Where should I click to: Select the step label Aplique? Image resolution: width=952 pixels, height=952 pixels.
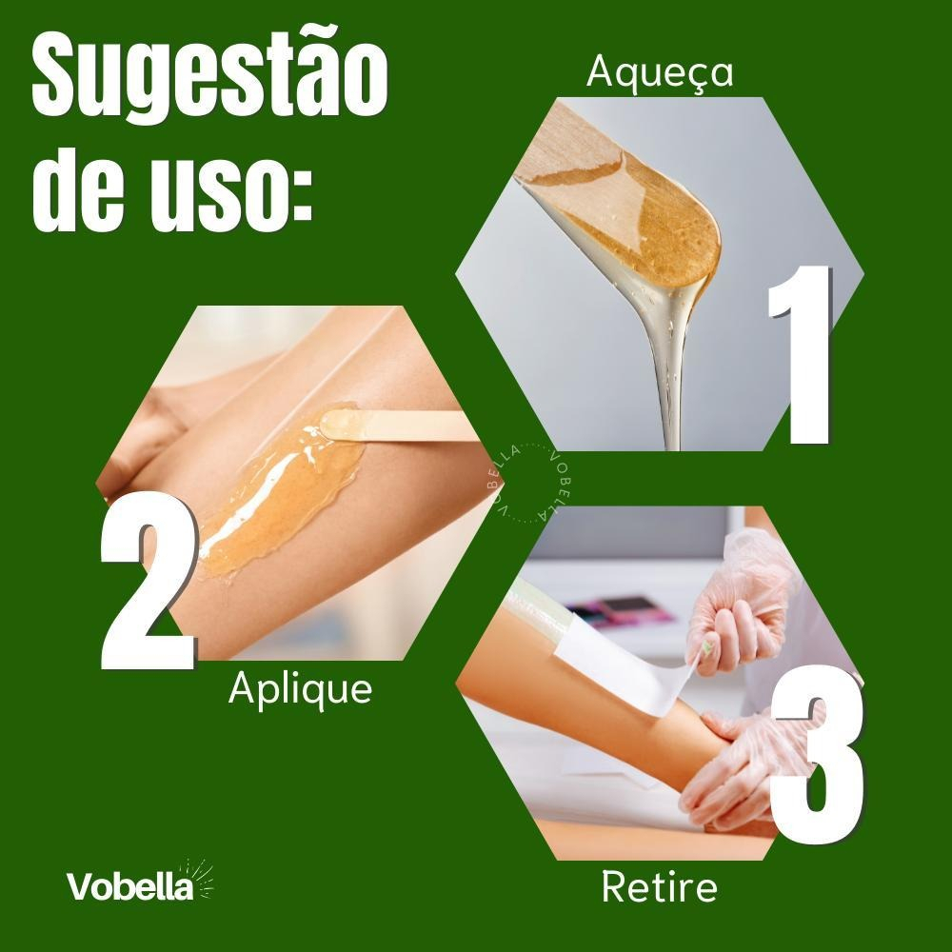[x=300, y=689]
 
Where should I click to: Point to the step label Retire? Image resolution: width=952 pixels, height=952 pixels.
[x=660, y=886]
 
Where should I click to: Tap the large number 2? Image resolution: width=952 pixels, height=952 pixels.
[x=149, y=580]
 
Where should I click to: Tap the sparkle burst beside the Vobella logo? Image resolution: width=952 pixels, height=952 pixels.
[x=203, y=878]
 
